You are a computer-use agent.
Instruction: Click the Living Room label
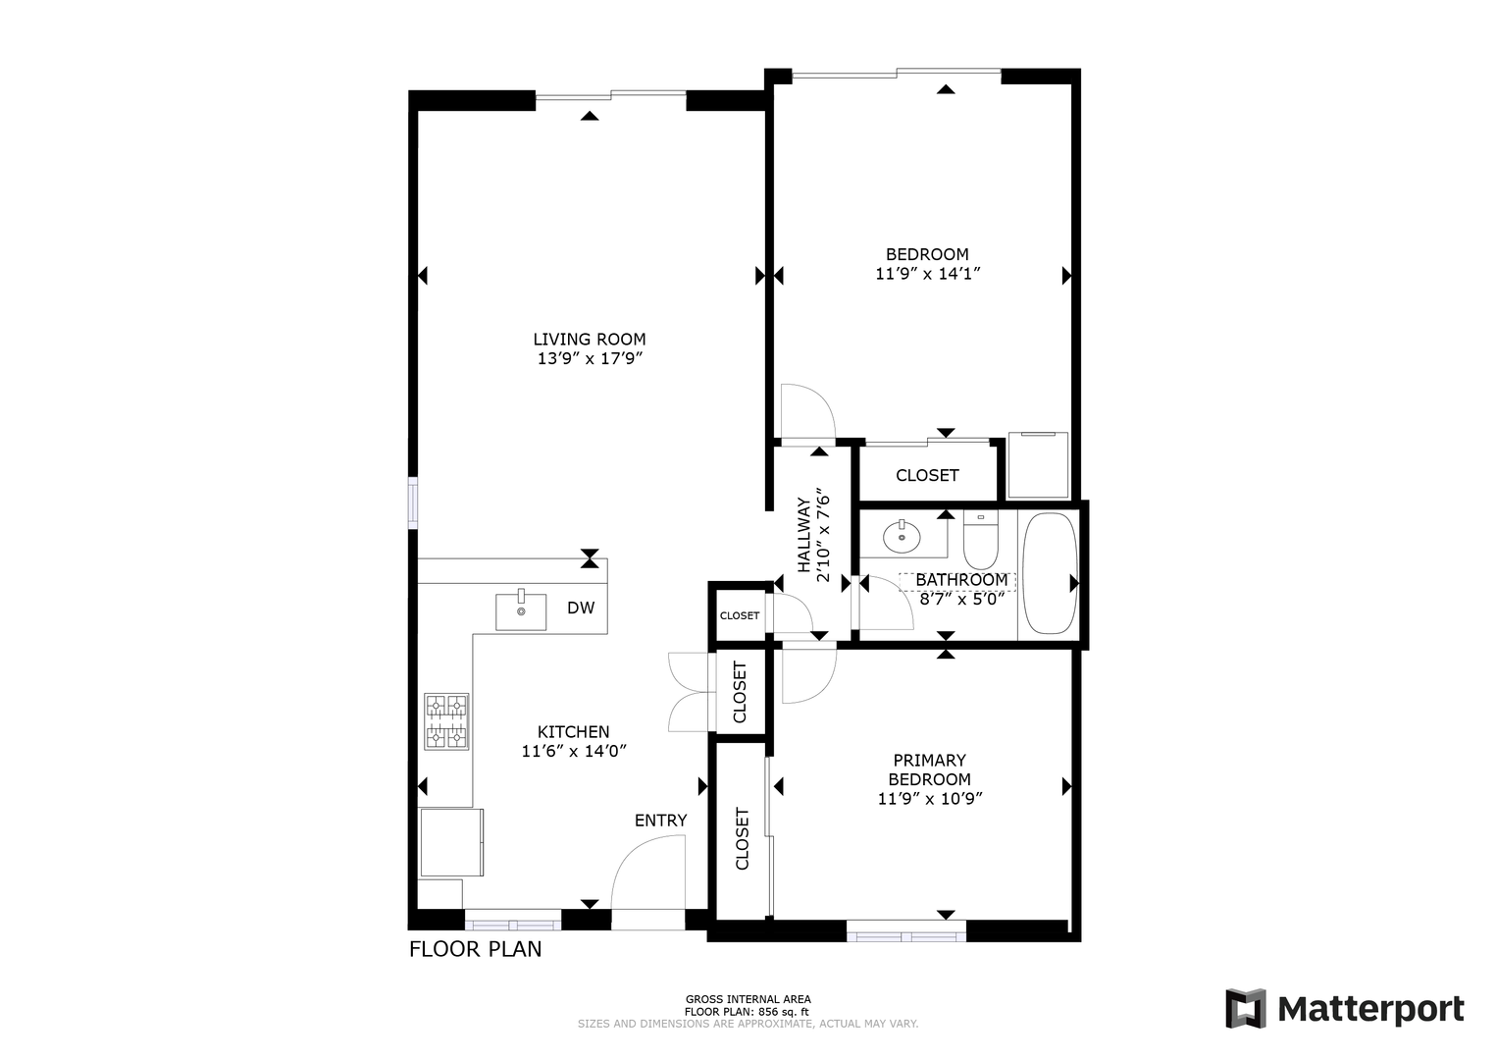coord(590,339)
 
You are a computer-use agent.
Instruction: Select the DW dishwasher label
coord(581,608)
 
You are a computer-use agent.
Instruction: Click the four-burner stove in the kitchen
coord(446,721)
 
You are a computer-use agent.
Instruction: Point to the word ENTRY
coord(660,821)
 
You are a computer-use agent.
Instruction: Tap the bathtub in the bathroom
coord(1050,574)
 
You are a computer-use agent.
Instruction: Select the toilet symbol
coord(980,541)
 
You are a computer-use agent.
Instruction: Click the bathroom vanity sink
coord(902,536)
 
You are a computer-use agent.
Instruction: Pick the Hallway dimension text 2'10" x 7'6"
coord(823,539)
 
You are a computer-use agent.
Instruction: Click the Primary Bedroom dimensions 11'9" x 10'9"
coord(930,799)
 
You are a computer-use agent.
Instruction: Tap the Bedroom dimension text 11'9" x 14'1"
coord(928,274)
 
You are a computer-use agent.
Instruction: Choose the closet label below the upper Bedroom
coord(927,475)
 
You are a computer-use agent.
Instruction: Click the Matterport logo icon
coord(1246,1008)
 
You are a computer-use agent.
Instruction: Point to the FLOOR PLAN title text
coord(475,950)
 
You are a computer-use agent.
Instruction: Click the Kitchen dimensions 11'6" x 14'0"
coord(574,751)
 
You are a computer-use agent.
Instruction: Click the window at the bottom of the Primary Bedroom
coord(906,931)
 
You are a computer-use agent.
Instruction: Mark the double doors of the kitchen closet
coord(689,692)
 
